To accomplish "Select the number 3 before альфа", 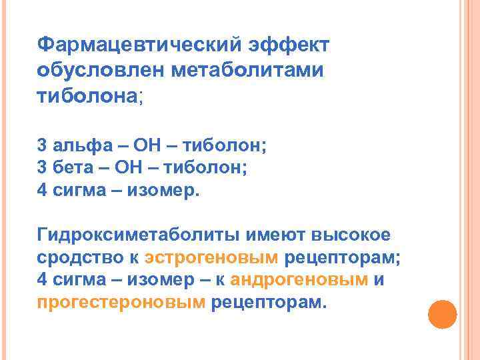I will pos(43,144).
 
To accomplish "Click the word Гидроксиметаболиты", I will pos(139,234).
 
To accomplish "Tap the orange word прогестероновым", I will pos(121,303).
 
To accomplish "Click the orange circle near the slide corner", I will pos(441,314).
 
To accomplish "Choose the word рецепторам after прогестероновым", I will pos(268,303).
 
